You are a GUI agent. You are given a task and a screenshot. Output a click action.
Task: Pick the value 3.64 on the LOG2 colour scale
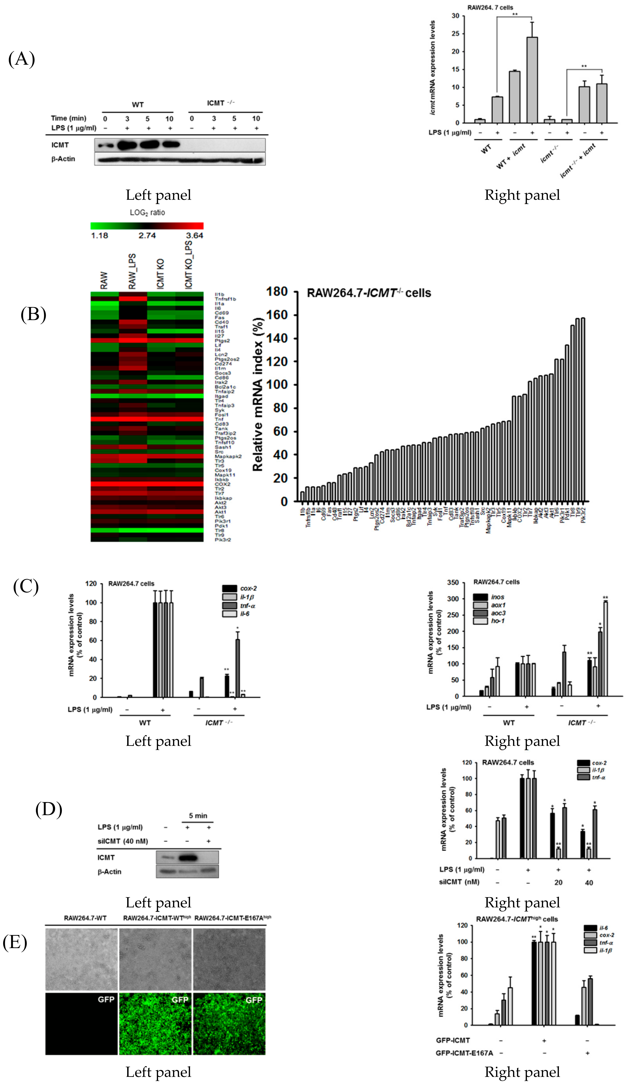[194, 235]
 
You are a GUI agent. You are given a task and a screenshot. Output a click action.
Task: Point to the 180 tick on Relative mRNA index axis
[277, 292]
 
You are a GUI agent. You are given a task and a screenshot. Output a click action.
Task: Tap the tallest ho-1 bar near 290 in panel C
[605, 648]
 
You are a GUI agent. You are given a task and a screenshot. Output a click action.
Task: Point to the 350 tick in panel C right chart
[453, 582]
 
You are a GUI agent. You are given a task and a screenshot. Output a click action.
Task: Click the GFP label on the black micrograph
[106, 999]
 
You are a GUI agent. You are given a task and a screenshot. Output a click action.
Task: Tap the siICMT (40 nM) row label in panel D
[123, 841]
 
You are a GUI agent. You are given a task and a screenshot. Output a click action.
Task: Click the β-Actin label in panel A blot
[63, 159]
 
